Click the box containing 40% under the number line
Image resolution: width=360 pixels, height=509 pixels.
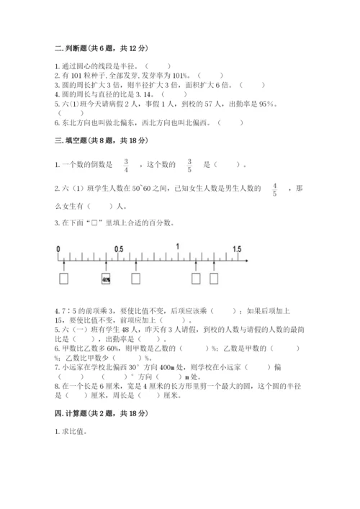pyautogui.click(x=106, y=279)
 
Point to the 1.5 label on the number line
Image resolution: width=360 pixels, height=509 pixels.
pyautogui.click(x=237, y=248)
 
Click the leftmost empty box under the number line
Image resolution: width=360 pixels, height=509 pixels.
pyautogui.click(x=63, y=279)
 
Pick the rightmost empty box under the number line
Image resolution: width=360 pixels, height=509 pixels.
pyautogui.click(x=213, y=279)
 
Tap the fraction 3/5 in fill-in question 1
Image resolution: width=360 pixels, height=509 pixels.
pyautogui.click(x=189, y=165)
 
